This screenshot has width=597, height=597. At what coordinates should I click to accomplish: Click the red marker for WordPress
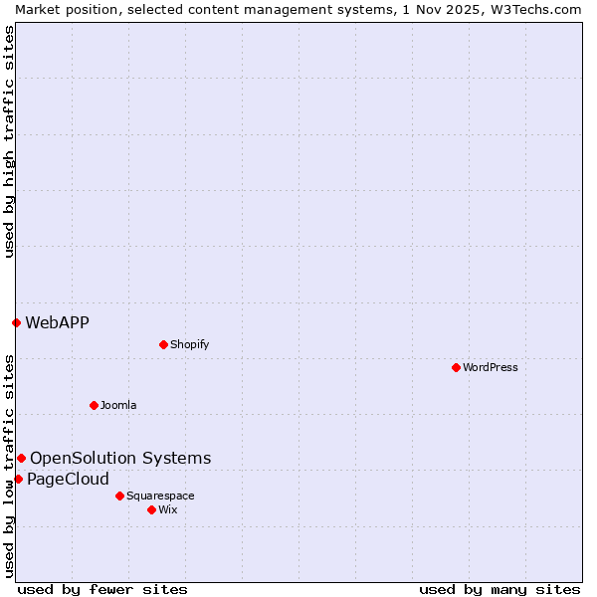pos(456,367)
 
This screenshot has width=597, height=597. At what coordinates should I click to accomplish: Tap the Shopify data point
pos(163,344)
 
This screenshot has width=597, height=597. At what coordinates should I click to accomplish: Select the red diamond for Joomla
pos(94,405)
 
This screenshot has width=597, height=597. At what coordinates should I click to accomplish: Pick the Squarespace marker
pos(119,496)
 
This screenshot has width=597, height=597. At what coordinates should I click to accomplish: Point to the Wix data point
pos(151,509)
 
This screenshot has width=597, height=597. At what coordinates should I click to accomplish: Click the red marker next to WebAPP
pos(16,322)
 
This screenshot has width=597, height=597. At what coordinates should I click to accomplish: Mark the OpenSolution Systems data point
pos(21,458)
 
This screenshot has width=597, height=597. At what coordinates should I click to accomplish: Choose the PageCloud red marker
pos(18,479)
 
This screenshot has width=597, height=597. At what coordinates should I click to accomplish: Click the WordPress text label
pos(491,367)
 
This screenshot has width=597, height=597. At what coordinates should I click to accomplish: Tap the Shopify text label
pos(189,344)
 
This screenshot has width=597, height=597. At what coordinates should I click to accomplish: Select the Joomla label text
pos(118,405)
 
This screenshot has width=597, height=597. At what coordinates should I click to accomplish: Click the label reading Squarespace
pos(160,496)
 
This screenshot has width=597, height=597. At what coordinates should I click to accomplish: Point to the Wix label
pos(168,509)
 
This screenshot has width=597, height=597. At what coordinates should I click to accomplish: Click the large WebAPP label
pos(57,322)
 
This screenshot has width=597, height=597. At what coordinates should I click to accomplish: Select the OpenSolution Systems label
pos(120,458)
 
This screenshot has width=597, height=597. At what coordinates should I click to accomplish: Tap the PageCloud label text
pos(68,479)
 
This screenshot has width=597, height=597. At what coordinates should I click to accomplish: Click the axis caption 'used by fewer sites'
pos(102,589)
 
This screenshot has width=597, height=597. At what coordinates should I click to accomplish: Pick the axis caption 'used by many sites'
pos(499,589)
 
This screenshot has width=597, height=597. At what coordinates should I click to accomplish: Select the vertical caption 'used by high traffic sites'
pos(9,141)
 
